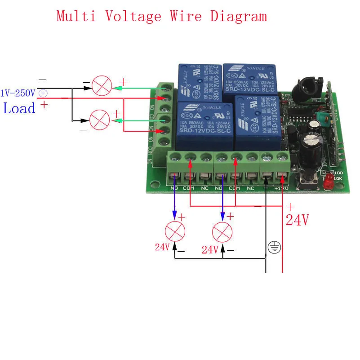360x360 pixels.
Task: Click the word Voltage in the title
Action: [x=133, y=16]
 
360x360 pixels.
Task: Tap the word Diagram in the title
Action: [x=238, y=16]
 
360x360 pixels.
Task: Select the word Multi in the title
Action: [x=76, y=16]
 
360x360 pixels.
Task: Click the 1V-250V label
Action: [x=18, y=93]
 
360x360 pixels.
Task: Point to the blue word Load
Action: [x=19, y=108]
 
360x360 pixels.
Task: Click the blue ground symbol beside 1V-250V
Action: [x=43, y=93]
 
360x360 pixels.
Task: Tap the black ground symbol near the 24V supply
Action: [x=274, y=247]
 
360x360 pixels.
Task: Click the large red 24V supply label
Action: [x=298, y=220]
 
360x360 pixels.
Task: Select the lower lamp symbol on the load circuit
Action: [x=99, y=120]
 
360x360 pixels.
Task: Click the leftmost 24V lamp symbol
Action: [x=175, y=232]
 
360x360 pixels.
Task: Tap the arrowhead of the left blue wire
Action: [x=175, y=215]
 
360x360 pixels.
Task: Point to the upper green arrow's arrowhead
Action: [x=114, y=89]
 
